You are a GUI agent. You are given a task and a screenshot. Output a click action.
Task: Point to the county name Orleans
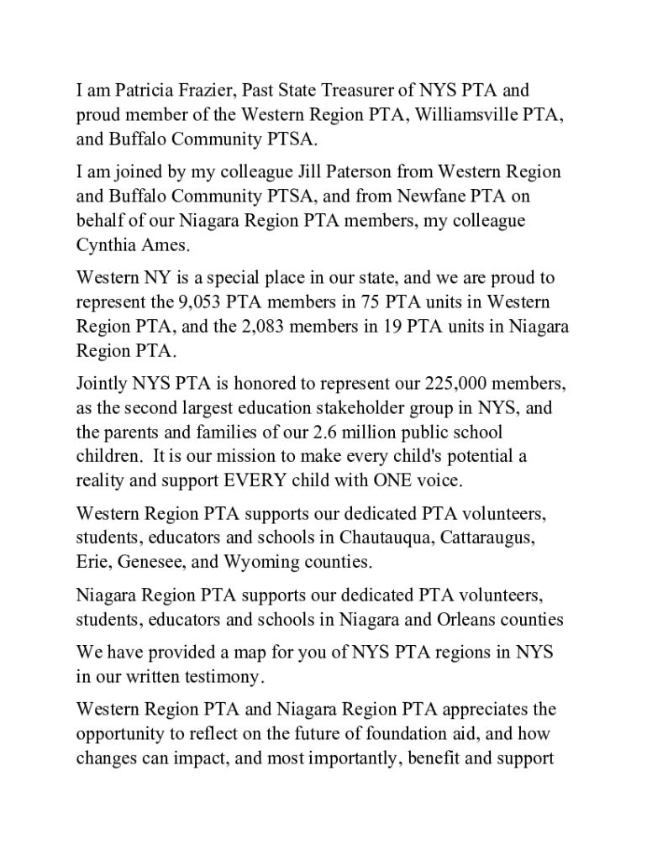click(x=469, y=621)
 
